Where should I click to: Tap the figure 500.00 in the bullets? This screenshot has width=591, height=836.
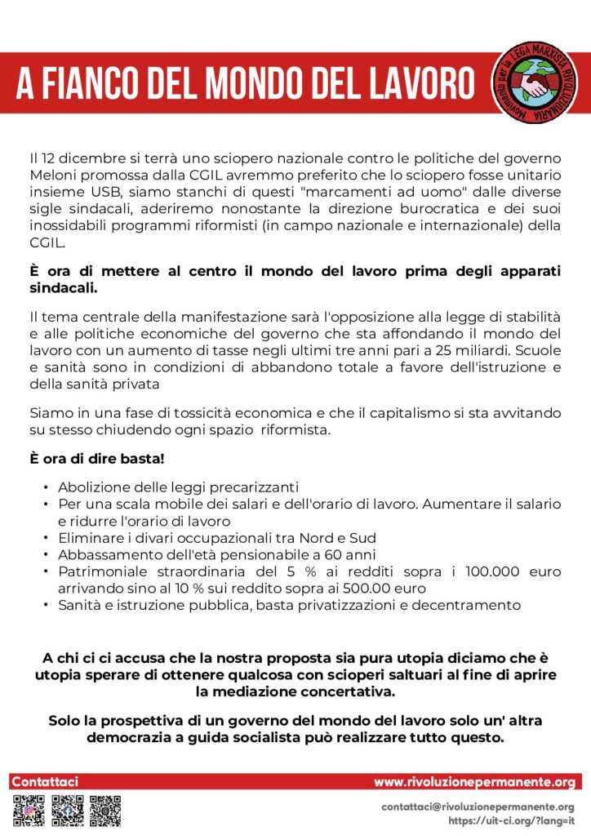pos(368,587)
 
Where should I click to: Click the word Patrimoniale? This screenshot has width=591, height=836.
pos(99,571)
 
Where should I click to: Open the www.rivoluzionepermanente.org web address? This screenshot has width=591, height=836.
pos(475,782)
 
